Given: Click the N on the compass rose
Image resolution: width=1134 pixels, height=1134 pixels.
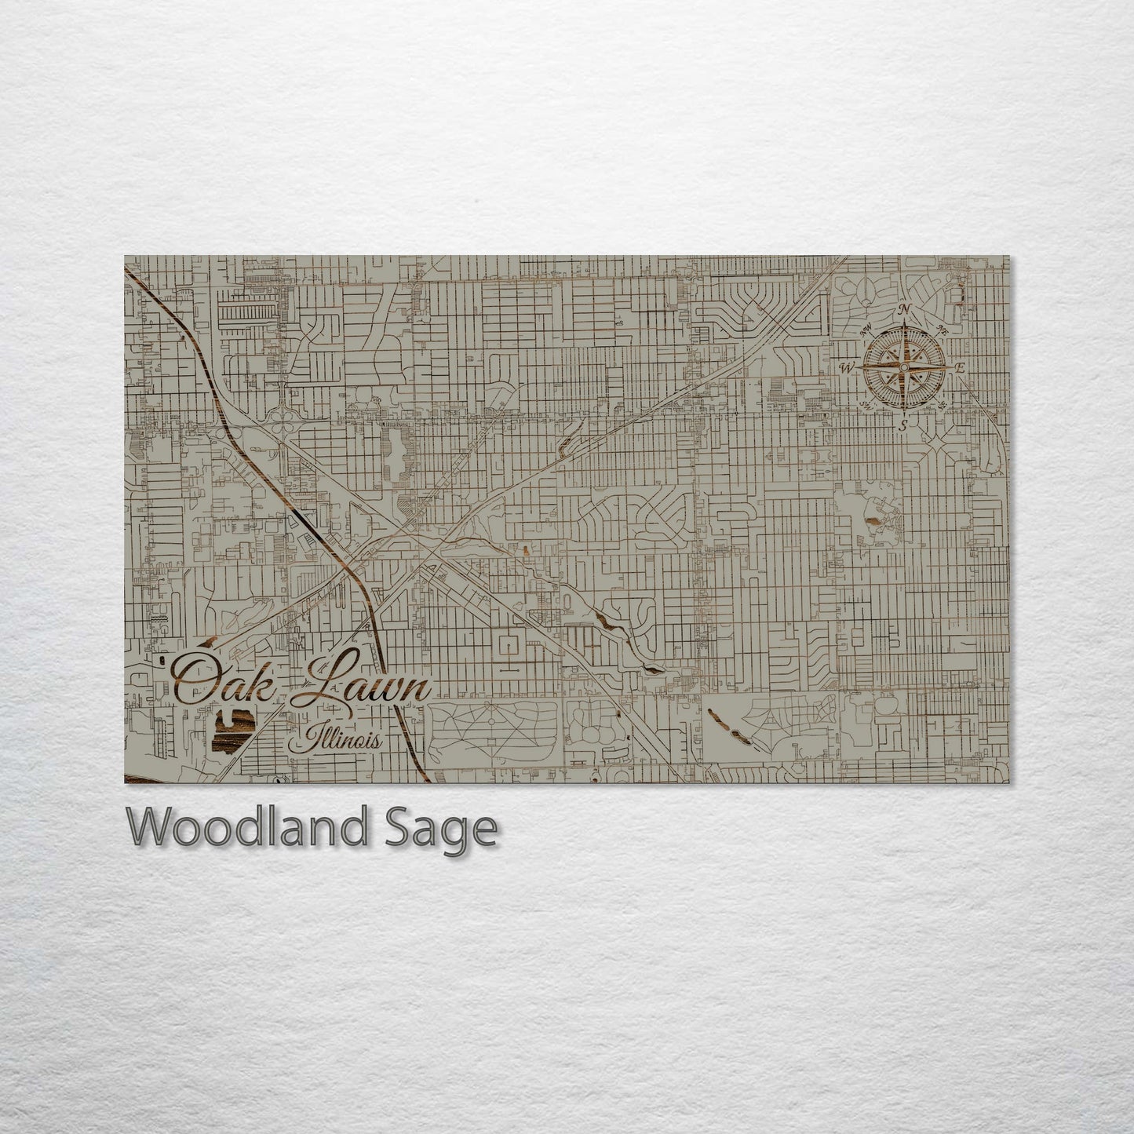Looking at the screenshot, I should click(905, 308).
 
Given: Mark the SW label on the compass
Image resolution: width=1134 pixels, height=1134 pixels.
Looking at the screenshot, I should click(866, 404).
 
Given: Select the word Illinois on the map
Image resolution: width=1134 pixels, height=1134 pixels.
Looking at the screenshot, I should click(335, 740).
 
